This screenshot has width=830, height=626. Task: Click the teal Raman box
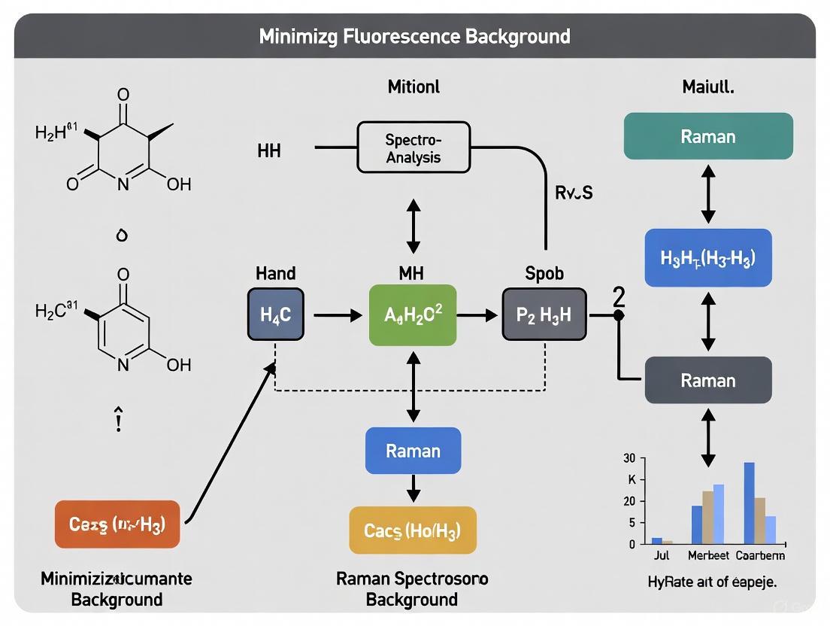click(708, 136)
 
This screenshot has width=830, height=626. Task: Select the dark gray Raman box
click(708, 380)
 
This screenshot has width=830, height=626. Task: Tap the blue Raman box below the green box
click(413, 451)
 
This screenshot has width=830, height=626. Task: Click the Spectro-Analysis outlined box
click(413, 148)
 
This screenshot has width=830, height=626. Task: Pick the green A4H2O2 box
click(413, 315)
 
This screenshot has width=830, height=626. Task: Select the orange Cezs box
click(117, 524)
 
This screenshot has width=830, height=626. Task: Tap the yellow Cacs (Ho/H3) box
click(413, 530)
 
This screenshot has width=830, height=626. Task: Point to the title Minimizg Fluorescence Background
click(414, 35)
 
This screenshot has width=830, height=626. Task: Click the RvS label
click(574, 193)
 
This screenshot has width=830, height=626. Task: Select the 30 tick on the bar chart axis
click(630, 458)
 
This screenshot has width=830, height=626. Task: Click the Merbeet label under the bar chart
click(708, 555)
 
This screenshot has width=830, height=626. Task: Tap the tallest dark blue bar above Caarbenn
click(749, 503)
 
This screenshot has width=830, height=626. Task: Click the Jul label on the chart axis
click(661, 555)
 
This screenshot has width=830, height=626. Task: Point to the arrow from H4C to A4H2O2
click(337, 315)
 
